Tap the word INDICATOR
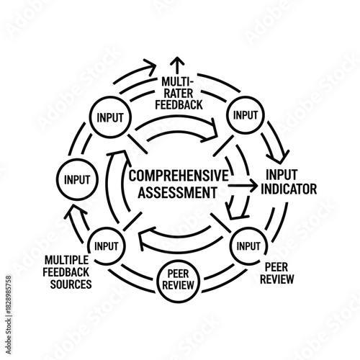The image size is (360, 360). [290, 189]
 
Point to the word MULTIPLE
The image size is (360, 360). [67, 260]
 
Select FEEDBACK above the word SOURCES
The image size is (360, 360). [67, 272]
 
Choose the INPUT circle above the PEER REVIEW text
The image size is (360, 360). [248, 246]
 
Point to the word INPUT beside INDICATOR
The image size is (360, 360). [282, 176]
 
